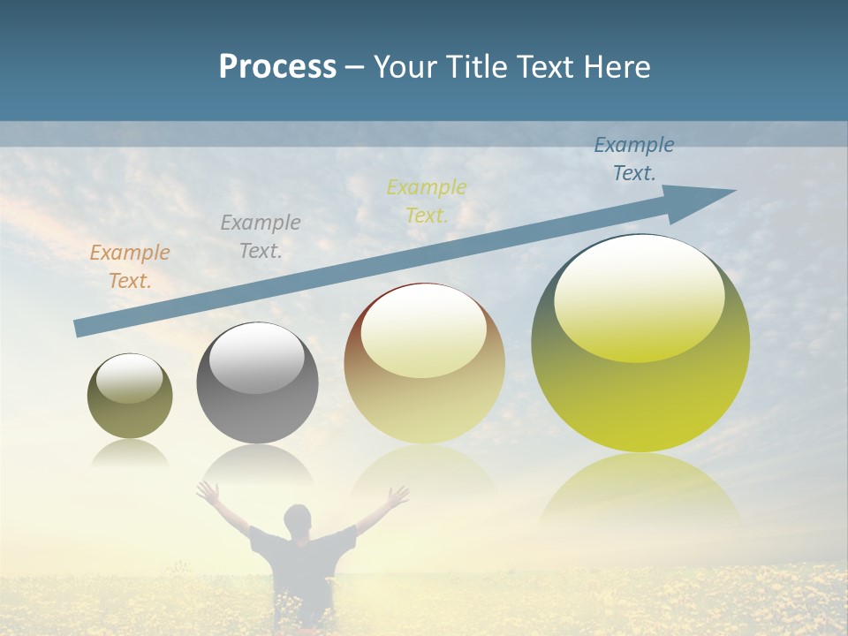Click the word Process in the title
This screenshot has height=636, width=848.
click(277, 67)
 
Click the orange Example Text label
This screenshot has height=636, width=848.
click(130, 267)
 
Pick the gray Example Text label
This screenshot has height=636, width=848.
click(261, 237)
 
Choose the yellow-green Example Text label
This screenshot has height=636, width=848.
click(427, 201)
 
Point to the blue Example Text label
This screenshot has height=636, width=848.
click(634, 159)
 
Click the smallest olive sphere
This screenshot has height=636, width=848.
click(130, 397)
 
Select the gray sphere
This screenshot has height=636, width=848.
click(257, 384)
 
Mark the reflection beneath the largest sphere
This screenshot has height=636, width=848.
click(640, 490)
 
